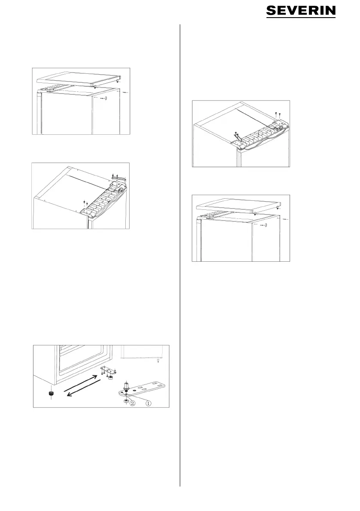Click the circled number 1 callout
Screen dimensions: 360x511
tap(148, 403)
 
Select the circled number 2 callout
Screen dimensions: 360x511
tap(132, 403)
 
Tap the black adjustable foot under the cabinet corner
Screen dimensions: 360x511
tap(51, 393)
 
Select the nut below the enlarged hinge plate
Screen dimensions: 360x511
tap(125, 401)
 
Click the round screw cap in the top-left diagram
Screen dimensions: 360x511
tap(105, 98)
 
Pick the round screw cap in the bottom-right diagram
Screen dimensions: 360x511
tap(265, 225)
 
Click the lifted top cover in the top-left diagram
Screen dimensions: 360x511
tap(79, 79)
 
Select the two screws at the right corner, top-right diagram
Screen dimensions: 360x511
tap(278, 114)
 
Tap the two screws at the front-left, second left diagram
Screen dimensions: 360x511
tap(86, 203)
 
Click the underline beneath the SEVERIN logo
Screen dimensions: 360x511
tap(301, 17)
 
